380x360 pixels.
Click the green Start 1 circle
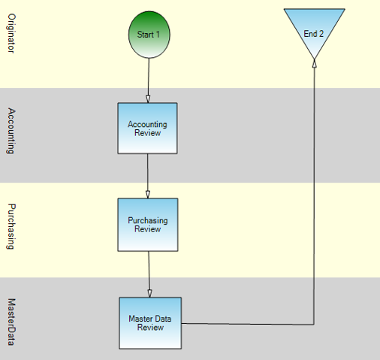[x=149, y=35]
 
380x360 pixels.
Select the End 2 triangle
[x=314, y=29]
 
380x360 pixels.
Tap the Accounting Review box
[x=148, y=129]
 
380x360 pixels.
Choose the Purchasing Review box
[x=148, y=225]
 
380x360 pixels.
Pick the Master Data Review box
[x=150, y=323]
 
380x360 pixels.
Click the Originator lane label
[x=11, y=33]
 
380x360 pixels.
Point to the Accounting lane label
[x=11, y=131]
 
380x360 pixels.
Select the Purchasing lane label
[x=11, y=226]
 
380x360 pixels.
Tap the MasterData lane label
[x=11, y=322]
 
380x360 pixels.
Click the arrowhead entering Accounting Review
[x=148, y=99]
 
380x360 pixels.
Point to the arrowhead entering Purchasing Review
[x=148, y=195]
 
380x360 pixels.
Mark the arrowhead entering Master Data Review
[x=149, y=294]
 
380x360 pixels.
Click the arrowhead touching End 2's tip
[x=315, y=64]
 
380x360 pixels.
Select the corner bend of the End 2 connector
[x=314, y=325]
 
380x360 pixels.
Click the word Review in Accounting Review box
[x=147, y=133]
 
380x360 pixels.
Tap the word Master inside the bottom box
[x=139, y=319]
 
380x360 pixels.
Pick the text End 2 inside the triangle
[x=314, y=34]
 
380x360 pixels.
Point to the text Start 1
[x=148, y=35]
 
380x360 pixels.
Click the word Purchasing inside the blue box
[x=148, y=220]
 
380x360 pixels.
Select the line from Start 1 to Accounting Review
[x=149, y=80]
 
